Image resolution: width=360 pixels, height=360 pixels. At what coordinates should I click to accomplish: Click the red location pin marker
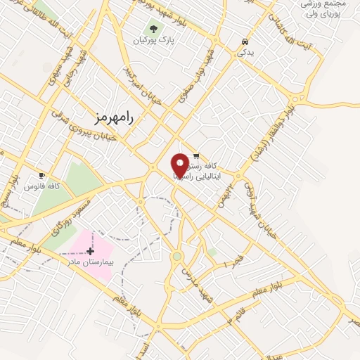point(181,165)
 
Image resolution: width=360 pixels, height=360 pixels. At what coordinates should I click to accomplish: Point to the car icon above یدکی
point(243,41)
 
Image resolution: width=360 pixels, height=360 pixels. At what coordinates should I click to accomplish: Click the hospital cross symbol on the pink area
point(90,251)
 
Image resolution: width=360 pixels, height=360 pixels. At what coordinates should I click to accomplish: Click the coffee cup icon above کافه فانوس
point(41,175)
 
